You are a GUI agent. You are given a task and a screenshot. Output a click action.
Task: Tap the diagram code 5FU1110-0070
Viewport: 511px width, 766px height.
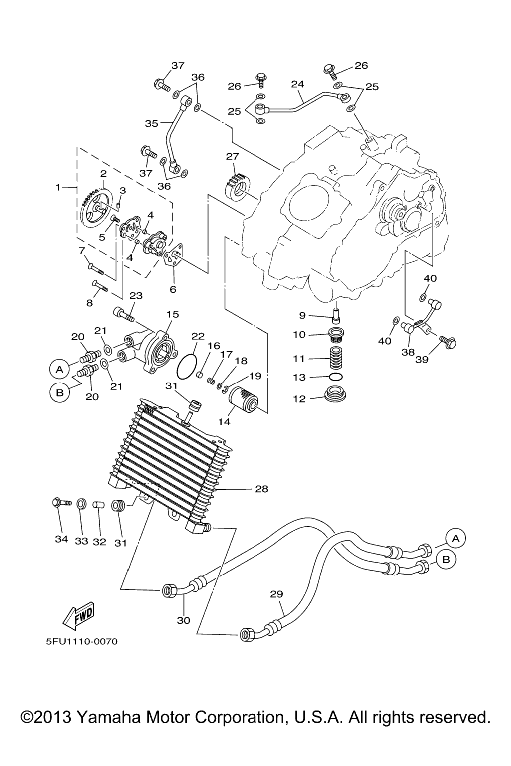[x=82, y=641]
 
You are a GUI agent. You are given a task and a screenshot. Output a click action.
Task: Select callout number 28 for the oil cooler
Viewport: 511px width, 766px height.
[x=261, y=489]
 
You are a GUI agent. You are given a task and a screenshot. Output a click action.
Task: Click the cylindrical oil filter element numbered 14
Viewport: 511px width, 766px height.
[x=243, y=399]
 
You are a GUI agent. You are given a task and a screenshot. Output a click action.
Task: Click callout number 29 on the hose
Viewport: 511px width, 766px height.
[x=276, y=594]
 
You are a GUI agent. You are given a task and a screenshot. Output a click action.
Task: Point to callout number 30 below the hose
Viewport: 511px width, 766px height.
[x=184, y=620]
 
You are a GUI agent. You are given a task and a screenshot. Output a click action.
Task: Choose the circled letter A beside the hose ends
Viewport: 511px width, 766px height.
[x=455, y=538]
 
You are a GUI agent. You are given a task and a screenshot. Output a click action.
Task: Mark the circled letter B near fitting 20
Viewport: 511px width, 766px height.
[x=60, y=392]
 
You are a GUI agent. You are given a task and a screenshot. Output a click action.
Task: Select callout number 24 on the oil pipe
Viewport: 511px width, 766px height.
[x=298, y=84]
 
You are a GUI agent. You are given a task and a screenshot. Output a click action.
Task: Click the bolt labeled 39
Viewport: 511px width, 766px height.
[x=447, y=342]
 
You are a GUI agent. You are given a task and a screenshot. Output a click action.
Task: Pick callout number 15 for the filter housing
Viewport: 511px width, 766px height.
[x=172, y=314]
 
